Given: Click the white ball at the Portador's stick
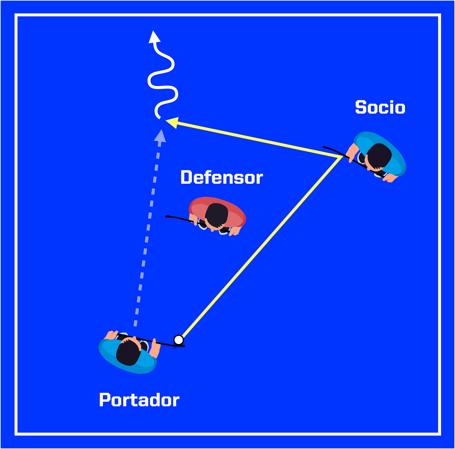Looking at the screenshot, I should [178, 339].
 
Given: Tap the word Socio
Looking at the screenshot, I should [380, 107].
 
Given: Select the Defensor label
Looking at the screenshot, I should [222, 178].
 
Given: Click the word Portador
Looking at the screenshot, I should [139, 400].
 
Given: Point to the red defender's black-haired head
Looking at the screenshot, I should [216, 215].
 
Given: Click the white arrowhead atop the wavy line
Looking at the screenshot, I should [154, 37].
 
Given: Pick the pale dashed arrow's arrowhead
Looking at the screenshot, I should [161, 136].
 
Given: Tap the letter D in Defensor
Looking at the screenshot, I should [186, 178].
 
